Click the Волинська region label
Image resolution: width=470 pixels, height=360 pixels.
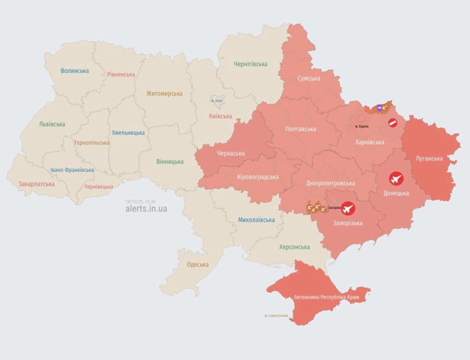point(75,71)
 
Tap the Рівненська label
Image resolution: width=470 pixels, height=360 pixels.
point(121,74)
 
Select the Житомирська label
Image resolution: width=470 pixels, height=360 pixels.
point(164,94)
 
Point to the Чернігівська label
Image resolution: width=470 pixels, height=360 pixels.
point(250,64)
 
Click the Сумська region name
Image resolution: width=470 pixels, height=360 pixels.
point(308,78)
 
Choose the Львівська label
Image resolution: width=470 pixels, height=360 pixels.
point(52,124)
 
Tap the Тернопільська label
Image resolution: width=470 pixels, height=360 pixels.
point(92,143)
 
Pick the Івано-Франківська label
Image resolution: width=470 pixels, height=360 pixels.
point(72,170)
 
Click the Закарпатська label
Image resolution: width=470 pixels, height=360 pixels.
point(37,184)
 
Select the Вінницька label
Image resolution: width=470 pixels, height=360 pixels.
point(170,162)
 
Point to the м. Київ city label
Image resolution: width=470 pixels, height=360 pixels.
point(217,101)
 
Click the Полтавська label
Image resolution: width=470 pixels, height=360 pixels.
point(301,129)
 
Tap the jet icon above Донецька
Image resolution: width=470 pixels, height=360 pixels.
point(396,179)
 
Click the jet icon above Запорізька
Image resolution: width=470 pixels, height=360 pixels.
point(348,209)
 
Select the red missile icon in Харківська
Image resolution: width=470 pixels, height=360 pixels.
point(392,123)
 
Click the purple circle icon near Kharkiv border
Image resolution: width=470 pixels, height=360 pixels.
point(379,107)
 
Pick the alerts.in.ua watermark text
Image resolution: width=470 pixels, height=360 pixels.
point(146,208)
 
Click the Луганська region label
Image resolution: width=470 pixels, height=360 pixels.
point(429,158)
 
